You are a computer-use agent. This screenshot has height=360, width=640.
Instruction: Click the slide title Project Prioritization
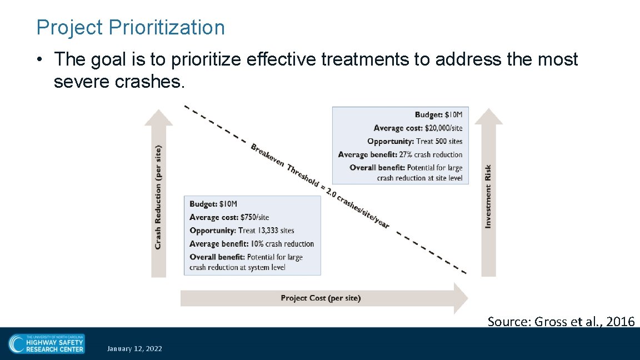pos(130,27)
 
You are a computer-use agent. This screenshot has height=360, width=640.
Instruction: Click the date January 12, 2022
pos(135,349)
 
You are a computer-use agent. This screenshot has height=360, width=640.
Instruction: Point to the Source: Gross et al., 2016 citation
pos(561,321)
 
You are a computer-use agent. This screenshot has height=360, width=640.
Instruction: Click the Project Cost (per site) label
pos(321,298)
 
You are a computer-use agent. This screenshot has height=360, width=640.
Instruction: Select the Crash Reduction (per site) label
pos(158,197)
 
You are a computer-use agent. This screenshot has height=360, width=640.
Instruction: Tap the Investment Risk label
pos(488,196)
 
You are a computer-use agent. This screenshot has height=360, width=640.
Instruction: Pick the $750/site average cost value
pos(254,217)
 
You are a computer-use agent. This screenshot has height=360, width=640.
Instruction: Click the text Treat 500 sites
pos(439,142)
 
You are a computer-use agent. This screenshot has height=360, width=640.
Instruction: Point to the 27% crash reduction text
pos(431,154)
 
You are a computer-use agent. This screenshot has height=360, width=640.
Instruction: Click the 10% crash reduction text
pos(282,244)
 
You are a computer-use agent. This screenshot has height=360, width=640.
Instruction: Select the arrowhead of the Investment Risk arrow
pos(488,117)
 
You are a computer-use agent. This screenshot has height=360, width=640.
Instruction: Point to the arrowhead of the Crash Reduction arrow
pos(158,118)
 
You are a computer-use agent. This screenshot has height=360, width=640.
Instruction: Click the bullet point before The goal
pos(42,59)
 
